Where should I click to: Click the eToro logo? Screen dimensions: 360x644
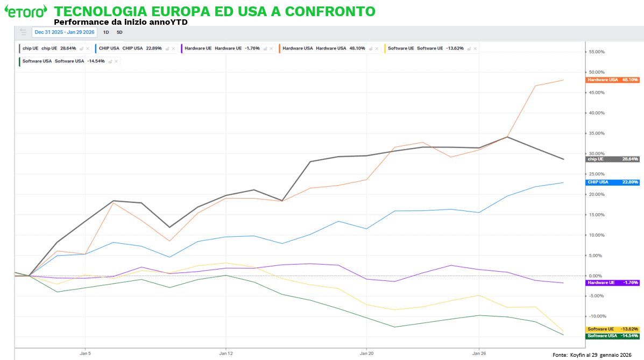coord(25,11)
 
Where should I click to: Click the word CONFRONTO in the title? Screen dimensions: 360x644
coord(330,11)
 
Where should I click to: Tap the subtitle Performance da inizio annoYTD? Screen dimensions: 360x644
coord(121,22)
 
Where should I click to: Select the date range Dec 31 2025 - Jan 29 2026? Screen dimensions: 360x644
coord(65,32)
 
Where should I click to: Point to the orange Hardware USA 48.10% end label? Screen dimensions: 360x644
coord(612,80)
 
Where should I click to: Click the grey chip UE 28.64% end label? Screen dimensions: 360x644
coord(612,159)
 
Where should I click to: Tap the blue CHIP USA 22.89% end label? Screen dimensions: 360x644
coord(612,182)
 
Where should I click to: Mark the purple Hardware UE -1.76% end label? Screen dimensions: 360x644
coord(612,283)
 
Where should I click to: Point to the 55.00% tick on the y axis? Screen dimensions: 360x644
coord(597,52)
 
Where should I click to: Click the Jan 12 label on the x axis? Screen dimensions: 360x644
coord(226,354)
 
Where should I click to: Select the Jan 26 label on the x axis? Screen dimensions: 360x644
coord(479,354)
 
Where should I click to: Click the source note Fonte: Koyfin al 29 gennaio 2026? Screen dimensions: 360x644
coord(592,355)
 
